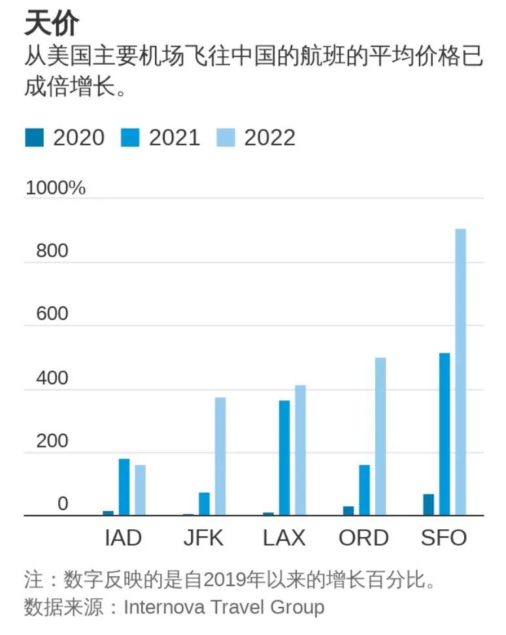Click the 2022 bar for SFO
[460, 372]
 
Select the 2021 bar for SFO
[445, 434]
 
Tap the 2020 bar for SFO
[428, 504]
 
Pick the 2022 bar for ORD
[380, 436]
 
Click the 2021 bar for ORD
[364, 490]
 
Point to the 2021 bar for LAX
[284, 457]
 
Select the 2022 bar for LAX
[300, 450]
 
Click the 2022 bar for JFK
[220, 456]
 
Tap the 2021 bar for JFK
[204, 504]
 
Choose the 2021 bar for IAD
[124, 487]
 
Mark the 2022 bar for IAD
[140, 490]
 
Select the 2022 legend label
[269, 137]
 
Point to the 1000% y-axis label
[56, 188]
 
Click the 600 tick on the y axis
[52, 314]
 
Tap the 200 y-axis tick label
[52, 442]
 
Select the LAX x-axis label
[284, 538]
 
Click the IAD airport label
[123, 538]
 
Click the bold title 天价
[52, 24]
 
